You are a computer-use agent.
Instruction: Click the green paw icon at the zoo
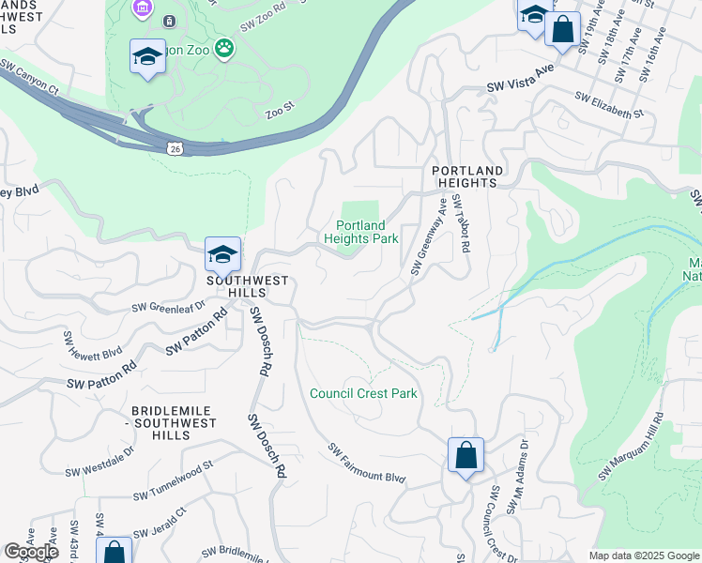(224, 48)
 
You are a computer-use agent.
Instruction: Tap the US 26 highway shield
(175, 148)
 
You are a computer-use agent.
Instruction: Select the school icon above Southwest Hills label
(222, 254)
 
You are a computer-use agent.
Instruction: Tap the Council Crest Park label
(363, 393)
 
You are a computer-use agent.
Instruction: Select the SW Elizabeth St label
(609, 105)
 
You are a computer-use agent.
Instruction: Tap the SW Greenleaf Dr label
(168, 306)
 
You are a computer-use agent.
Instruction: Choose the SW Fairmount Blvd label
(366, 464)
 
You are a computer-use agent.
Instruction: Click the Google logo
(30, 552)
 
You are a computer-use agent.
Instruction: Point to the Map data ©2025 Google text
(643, 555)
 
